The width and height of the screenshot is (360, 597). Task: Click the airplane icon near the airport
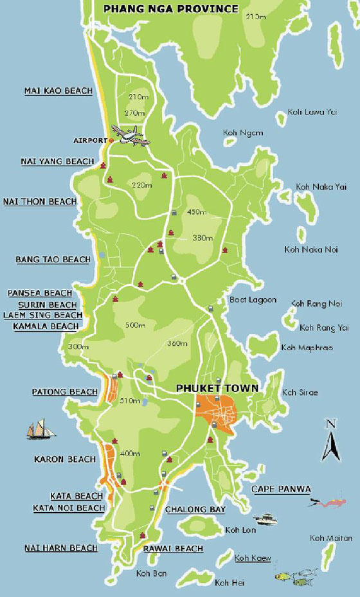click(x=130, y=136)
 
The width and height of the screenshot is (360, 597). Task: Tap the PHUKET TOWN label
click(x=217, y=388)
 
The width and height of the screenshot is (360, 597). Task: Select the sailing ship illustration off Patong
click(x=40, y=429)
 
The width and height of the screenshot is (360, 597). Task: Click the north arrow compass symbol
click(x=330, y=440)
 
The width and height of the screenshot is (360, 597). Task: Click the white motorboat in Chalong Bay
click(x=265, y=518)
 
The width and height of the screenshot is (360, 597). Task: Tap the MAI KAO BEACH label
click(x=59, y=91)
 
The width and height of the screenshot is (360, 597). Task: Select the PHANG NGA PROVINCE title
click(x=170, y=9)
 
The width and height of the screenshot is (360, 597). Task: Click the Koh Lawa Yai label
click(x=312, y=112)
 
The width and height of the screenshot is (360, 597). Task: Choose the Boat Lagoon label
click(x=253, y=299)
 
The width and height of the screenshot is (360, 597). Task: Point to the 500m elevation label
click(x=135, y=326)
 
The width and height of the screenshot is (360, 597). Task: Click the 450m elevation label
click(x=196, y=212)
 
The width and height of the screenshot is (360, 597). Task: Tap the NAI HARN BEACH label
click(x=61, y=548)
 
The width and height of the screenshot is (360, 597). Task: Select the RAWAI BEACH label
click(x=173, y=548)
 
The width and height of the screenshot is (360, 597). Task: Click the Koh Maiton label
click(x=330, y=538)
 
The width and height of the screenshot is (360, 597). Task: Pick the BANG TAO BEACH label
click(x=53, y=260)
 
